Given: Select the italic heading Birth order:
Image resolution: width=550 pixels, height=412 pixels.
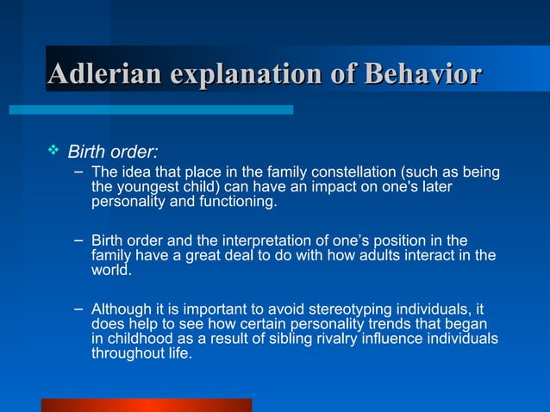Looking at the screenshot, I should click(x=113, y=153).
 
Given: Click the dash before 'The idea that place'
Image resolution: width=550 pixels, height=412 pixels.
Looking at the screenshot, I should click(x=78, y=171).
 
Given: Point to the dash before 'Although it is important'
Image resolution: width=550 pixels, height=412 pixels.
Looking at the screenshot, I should click(x=78, y=307).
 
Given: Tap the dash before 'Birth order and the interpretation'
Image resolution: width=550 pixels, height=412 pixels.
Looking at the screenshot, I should click(x=78, y=238).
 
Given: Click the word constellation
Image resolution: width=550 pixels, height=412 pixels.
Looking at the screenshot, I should click(x=351, y=172).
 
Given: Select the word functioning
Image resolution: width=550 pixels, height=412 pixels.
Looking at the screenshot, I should click(x=243, y=203).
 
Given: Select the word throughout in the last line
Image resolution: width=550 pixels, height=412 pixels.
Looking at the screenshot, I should click(x=126, y=353).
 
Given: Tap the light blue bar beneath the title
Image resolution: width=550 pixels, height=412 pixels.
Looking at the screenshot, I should click(x=151, y=109).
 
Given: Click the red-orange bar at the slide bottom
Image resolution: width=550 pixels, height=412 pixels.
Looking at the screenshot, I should click(x=147, y=405).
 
